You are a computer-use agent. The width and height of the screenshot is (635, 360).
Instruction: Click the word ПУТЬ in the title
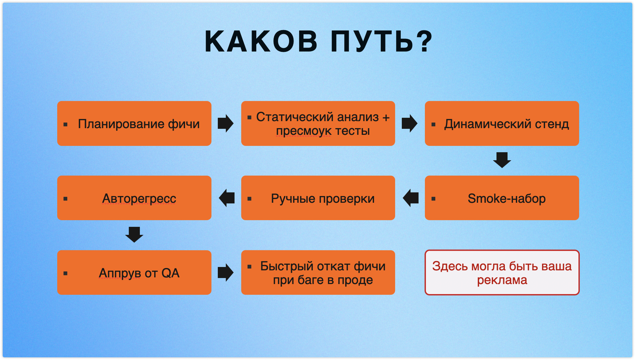pyautogui.click(x=372, y=41)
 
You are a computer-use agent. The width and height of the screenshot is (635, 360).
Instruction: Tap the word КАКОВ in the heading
pyautogui.click(x=261, y=41)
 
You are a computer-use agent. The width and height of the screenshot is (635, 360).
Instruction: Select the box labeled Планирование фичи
pyautogui.click(x=134, y=123)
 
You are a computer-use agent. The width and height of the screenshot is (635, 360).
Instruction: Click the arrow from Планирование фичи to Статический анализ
pyautogui.click(x=226, y=123)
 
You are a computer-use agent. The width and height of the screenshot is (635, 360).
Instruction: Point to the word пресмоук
pyautogui.click(x=304, y=131)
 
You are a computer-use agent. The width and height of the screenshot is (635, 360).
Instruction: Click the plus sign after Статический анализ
pyautogui.click(x=386, y=117)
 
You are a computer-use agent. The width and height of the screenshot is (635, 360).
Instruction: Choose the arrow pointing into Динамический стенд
pyautogui.click(x=410, y=123)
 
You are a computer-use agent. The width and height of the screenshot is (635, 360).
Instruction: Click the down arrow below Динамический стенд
pyautogui.click(x=502, y=160)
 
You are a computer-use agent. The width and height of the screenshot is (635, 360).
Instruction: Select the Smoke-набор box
pyautogui.click(x=502, y=198)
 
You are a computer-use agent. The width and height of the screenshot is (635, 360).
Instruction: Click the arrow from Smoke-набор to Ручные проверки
pyautogui.click(x=411, y=198)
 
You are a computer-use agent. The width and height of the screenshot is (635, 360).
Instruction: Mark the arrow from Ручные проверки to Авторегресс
pyautogui.click(x=227, y=198)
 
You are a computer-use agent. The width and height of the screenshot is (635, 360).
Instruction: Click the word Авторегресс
pyautogui.click(x=139, y=199)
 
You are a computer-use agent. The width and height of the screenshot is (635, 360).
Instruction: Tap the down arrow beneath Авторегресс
pyautogui.click(x=134, y=235)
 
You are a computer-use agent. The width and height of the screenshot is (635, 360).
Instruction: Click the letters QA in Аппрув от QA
pyautogui.click(x=171, y=273)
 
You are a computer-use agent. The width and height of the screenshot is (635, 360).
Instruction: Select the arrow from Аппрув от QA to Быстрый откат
pyautogui.click(x=226, y=272)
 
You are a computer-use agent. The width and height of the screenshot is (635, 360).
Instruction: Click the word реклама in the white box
pyautogui.click(x=502, y=280)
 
